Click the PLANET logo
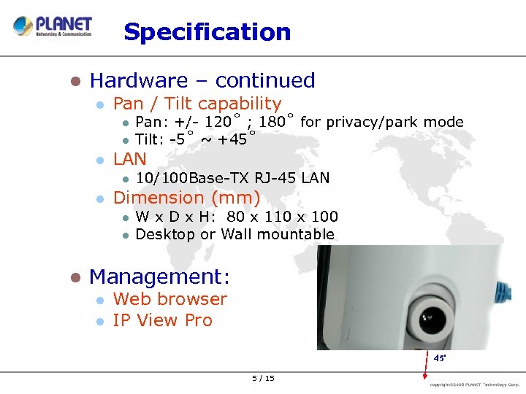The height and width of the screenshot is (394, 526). click(x=53, y=26)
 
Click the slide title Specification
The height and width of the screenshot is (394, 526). click(x=207, y=32)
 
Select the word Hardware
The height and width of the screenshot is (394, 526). click(x=139, y=80)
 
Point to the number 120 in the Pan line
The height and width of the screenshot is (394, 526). click(x=218, y=122)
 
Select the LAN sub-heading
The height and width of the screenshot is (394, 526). click(x=130, y=159)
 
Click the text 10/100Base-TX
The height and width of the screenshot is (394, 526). click(x=193, y=178)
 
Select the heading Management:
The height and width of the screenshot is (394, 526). click(x=159, y=277)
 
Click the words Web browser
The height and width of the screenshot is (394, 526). click(x=170, y=299)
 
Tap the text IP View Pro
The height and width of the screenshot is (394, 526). click(x=163, y=320)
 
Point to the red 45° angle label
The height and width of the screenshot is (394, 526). click(x=440, y=359)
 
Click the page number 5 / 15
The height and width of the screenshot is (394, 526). click(x=263, y=378)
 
